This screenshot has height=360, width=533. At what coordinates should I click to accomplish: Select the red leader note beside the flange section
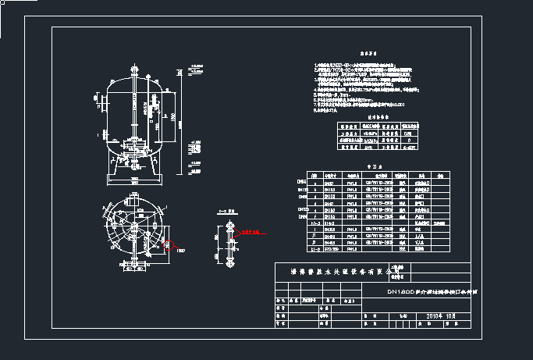[253, 232]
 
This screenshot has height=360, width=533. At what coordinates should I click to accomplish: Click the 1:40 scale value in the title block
[403, 316]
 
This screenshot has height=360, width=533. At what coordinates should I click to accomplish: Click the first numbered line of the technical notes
[367, 66]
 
